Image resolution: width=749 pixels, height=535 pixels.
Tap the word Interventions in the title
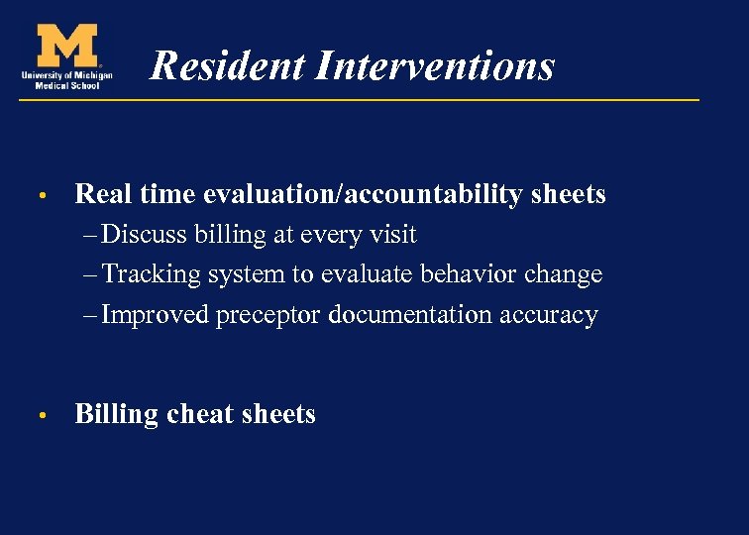coord(435,66)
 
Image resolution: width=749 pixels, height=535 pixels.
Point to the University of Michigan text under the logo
coord(65,74)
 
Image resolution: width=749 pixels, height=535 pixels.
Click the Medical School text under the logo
coord(65,84)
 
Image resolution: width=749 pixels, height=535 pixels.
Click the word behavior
coord(488,274)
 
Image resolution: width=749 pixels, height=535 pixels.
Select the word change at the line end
coord(569,274)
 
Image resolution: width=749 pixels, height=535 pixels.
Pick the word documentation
coord(410,315)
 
